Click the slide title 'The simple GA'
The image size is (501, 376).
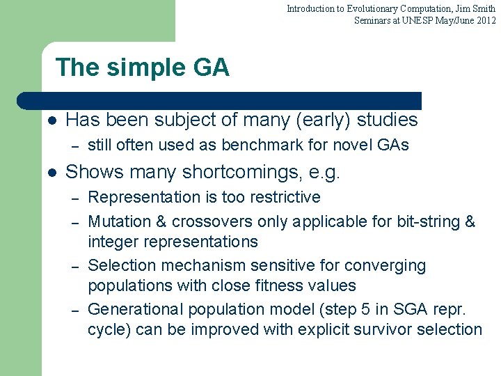142,68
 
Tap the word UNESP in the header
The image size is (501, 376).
411,20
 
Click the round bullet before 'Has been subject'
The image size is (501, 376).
51,120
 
